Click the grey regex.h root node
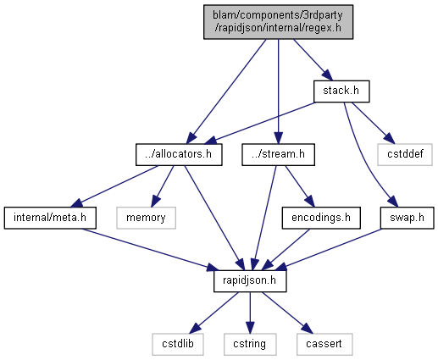(278, 22)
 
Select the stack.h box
(341, 91)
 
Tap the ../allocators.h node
(179, 155)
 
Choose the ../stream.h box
(278, 155)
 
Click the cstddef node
(405, 155)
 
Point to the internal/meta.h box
(50, 218)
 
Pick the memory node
(146, 218)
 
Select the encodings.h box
(321, 218)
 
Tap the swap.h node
(407, 218)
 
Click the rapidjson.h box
(250, 281)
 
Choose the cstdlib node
(178, 345)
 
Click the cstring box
(250, 345)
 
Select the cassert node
(324, 345)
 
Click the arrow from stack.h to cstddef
(373, 123)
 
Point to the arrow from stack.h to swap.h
(364, 158)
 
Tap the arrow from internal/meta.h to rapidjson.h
(151, 250)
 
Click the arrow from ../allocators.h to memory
(162, 186)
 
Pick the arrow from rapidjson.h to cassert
(287, 313)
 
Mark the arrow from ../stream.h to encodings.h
(300, 186)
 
